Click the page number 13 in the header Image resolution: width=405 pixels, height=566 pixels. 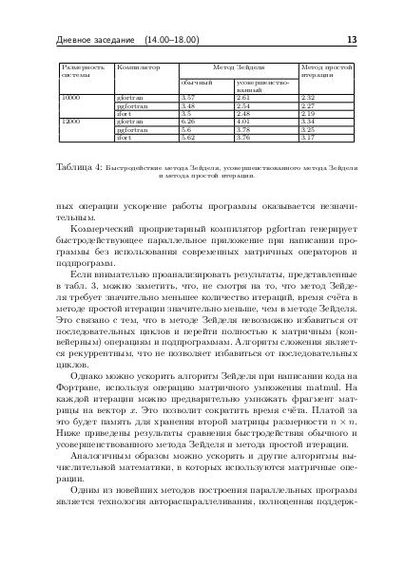click(x=352, y=40)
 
